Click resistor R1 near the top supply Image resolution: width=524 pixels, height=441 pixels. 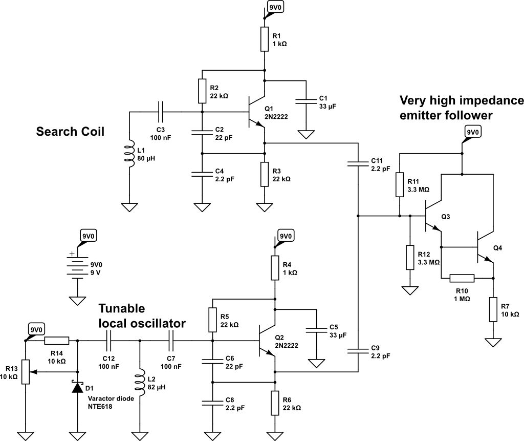point(265,39)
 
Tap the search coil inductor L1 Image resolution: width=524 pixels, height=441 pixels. point(129,153)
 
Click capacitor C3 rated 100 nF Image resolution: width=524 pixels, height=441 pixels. point(161,111)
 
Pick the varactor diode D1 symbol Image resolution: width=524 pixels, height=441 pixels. point(77,387)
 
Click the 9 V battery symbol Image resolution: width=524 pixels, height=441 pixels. point(77,267)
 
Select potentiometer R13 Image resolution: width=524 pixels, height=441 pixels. point(25,373)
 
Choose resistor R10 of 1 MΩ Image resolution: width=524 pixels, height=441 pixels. point(462,279)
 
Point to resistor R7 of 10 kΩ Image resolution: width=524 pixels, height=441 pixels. point(493,309)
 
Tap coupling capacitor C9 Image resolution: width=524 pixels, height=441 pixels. point(358,350)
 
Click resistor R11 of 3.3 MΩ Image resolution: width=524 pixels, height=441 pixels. point(400,184)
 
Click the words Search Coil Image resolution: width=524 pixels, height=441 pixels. point(70,132)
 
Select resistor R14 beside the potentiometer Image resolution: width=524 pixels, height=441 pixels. point(56,341)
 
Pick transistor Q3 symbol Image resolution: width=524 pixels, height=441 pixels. point(432,216)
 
